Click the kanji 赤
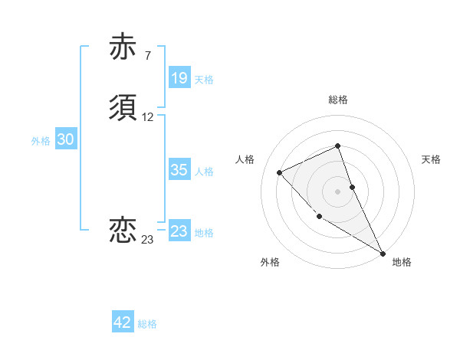tap(123, 48)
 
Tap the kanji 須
tap(123, 109)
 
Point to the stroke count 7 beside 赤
tap(147, 56)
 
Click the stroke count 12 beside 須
tap(148, 117)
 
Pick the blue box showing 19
tap(179, 78)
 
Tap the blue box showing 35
tap(179, 170)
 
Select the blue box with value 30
tap(65, 139)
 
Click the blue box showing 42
tap(123, 322)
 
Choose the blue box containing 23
tap(179, 231)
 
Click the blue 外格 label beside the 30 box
tap(41, 141)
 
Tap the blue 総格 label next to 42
tap(147, 324)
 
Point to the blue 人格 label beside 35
tap(204, 172)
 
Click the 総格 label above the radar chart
tap(337, 100)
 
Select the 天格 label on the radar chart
tap(431, 159)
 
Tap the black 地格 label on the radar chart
tap(402, 262)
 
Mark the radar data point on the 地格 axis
tap(383, 254)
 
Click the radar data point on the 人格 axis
tap(280, 172)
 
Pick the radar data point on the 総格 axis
tap(337, 146)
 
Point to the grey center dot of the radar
tap(337, 191)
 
